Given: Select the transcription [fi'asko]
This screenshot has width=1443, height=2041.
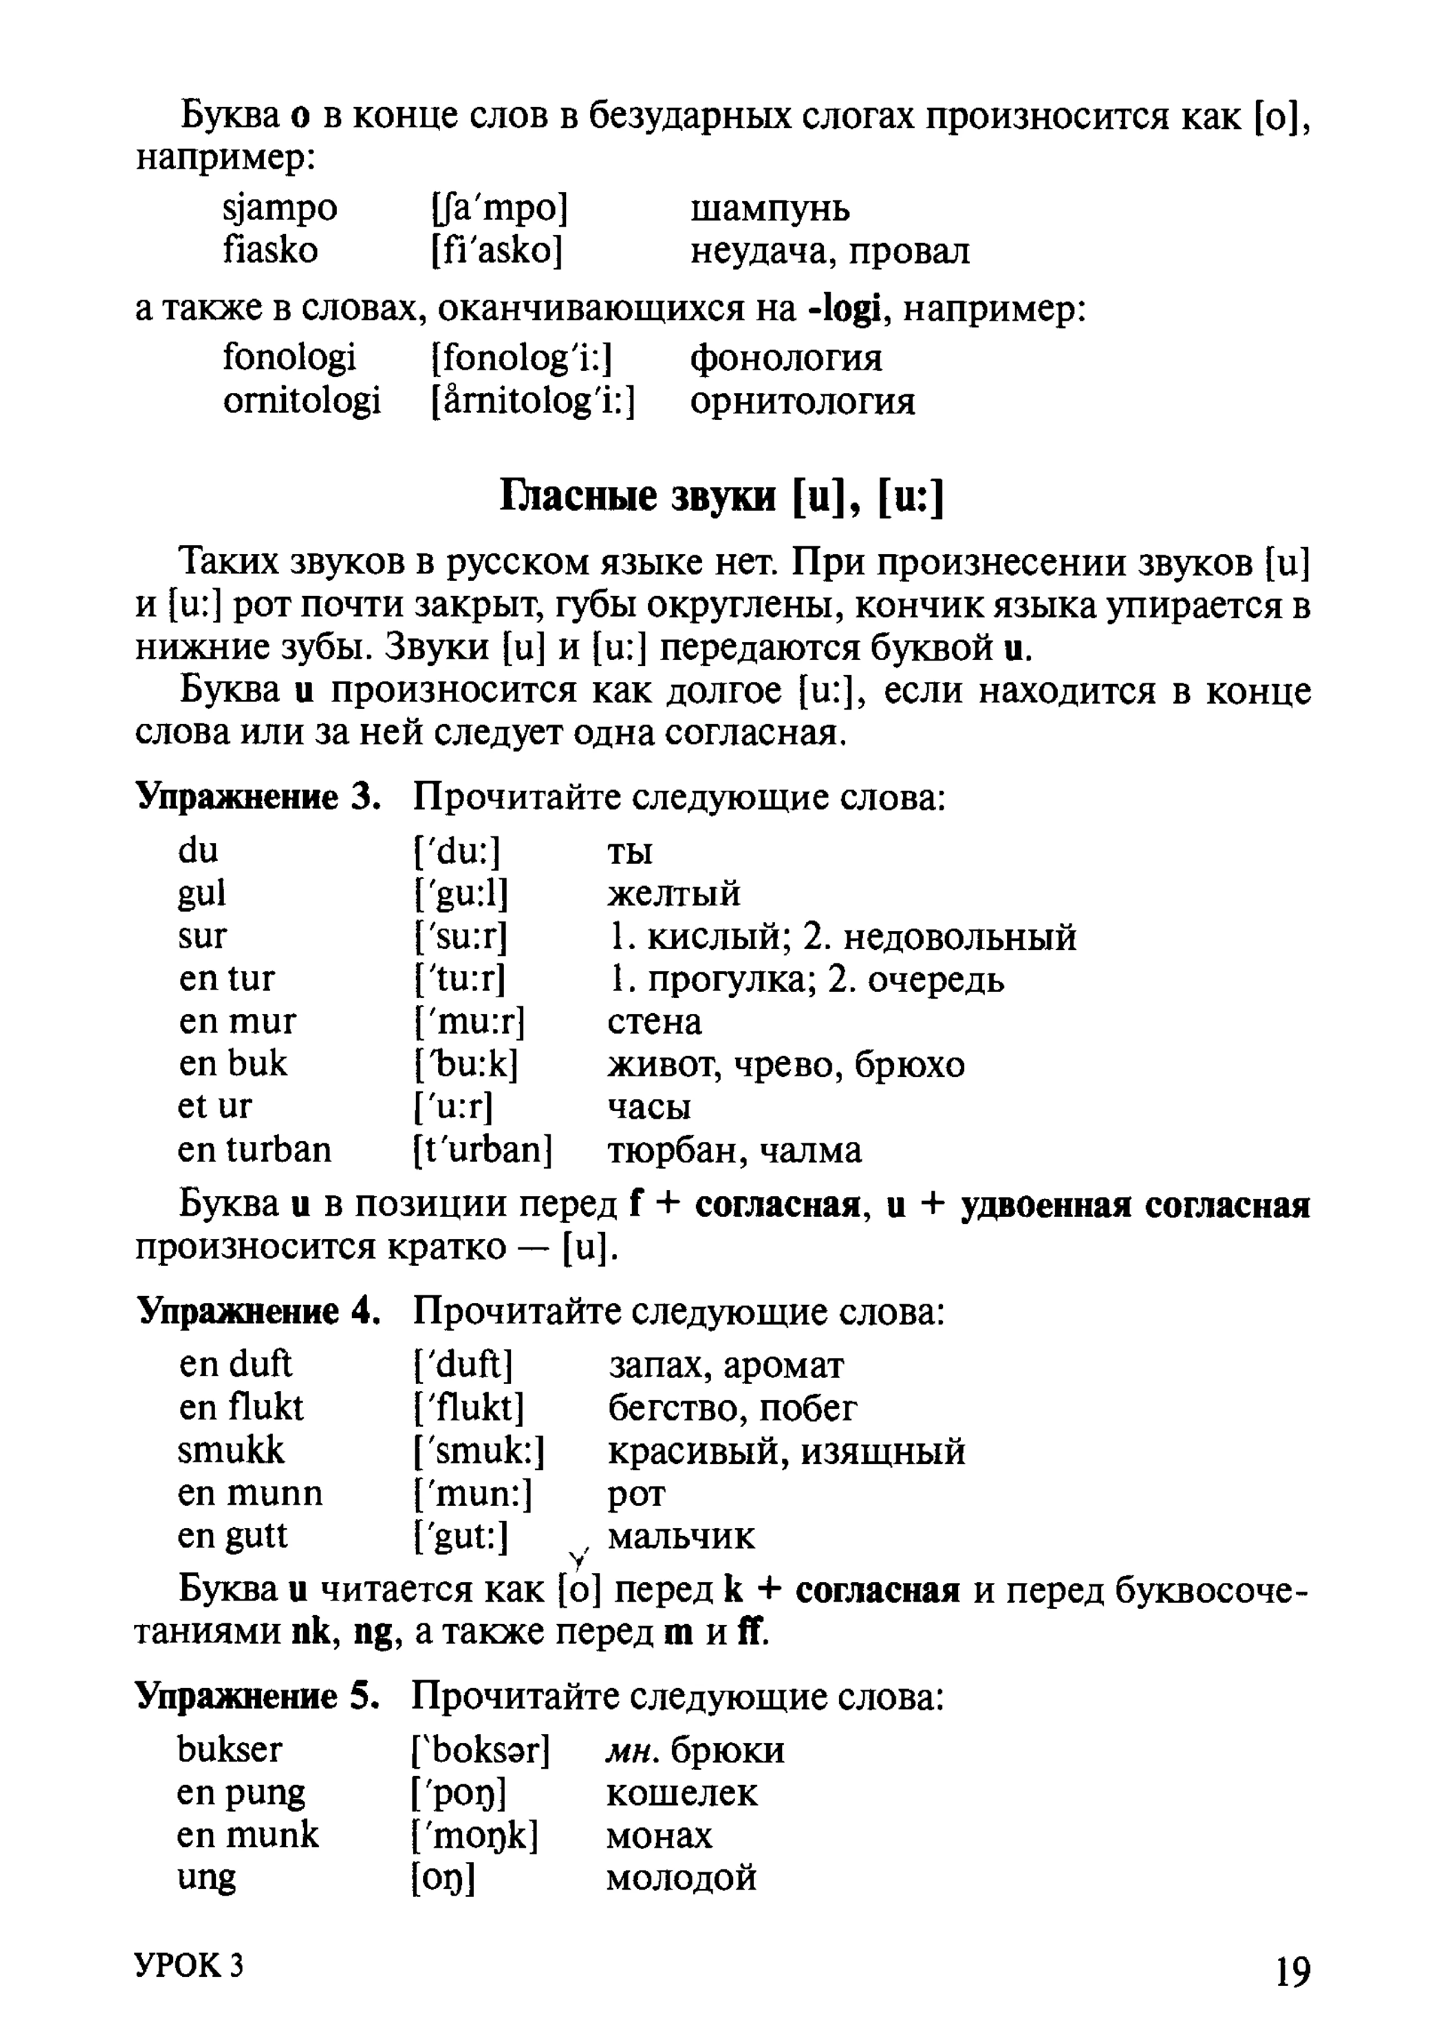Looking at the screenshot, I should [497, 251].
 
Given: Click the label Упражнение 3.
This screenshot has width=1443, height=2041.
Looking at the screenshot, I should [258, 797].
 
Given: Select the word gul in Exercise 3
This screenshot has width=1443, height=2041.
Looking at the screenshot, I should [202, 893].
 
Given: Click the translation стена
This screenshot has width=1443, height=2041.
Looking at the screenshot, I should [655, 1021].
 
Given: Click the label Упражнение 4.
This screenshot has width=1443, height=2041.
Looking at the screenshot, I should [258, 1312].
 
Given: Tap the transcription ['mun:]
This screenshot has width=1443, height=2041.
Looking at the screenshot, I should [473, 1494].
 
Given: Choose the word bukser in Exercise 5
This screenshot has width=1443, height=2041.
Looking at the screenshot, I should [229, 1749].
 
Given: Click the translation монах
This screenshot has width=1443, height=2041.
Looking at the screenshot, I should [659, 1836].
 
